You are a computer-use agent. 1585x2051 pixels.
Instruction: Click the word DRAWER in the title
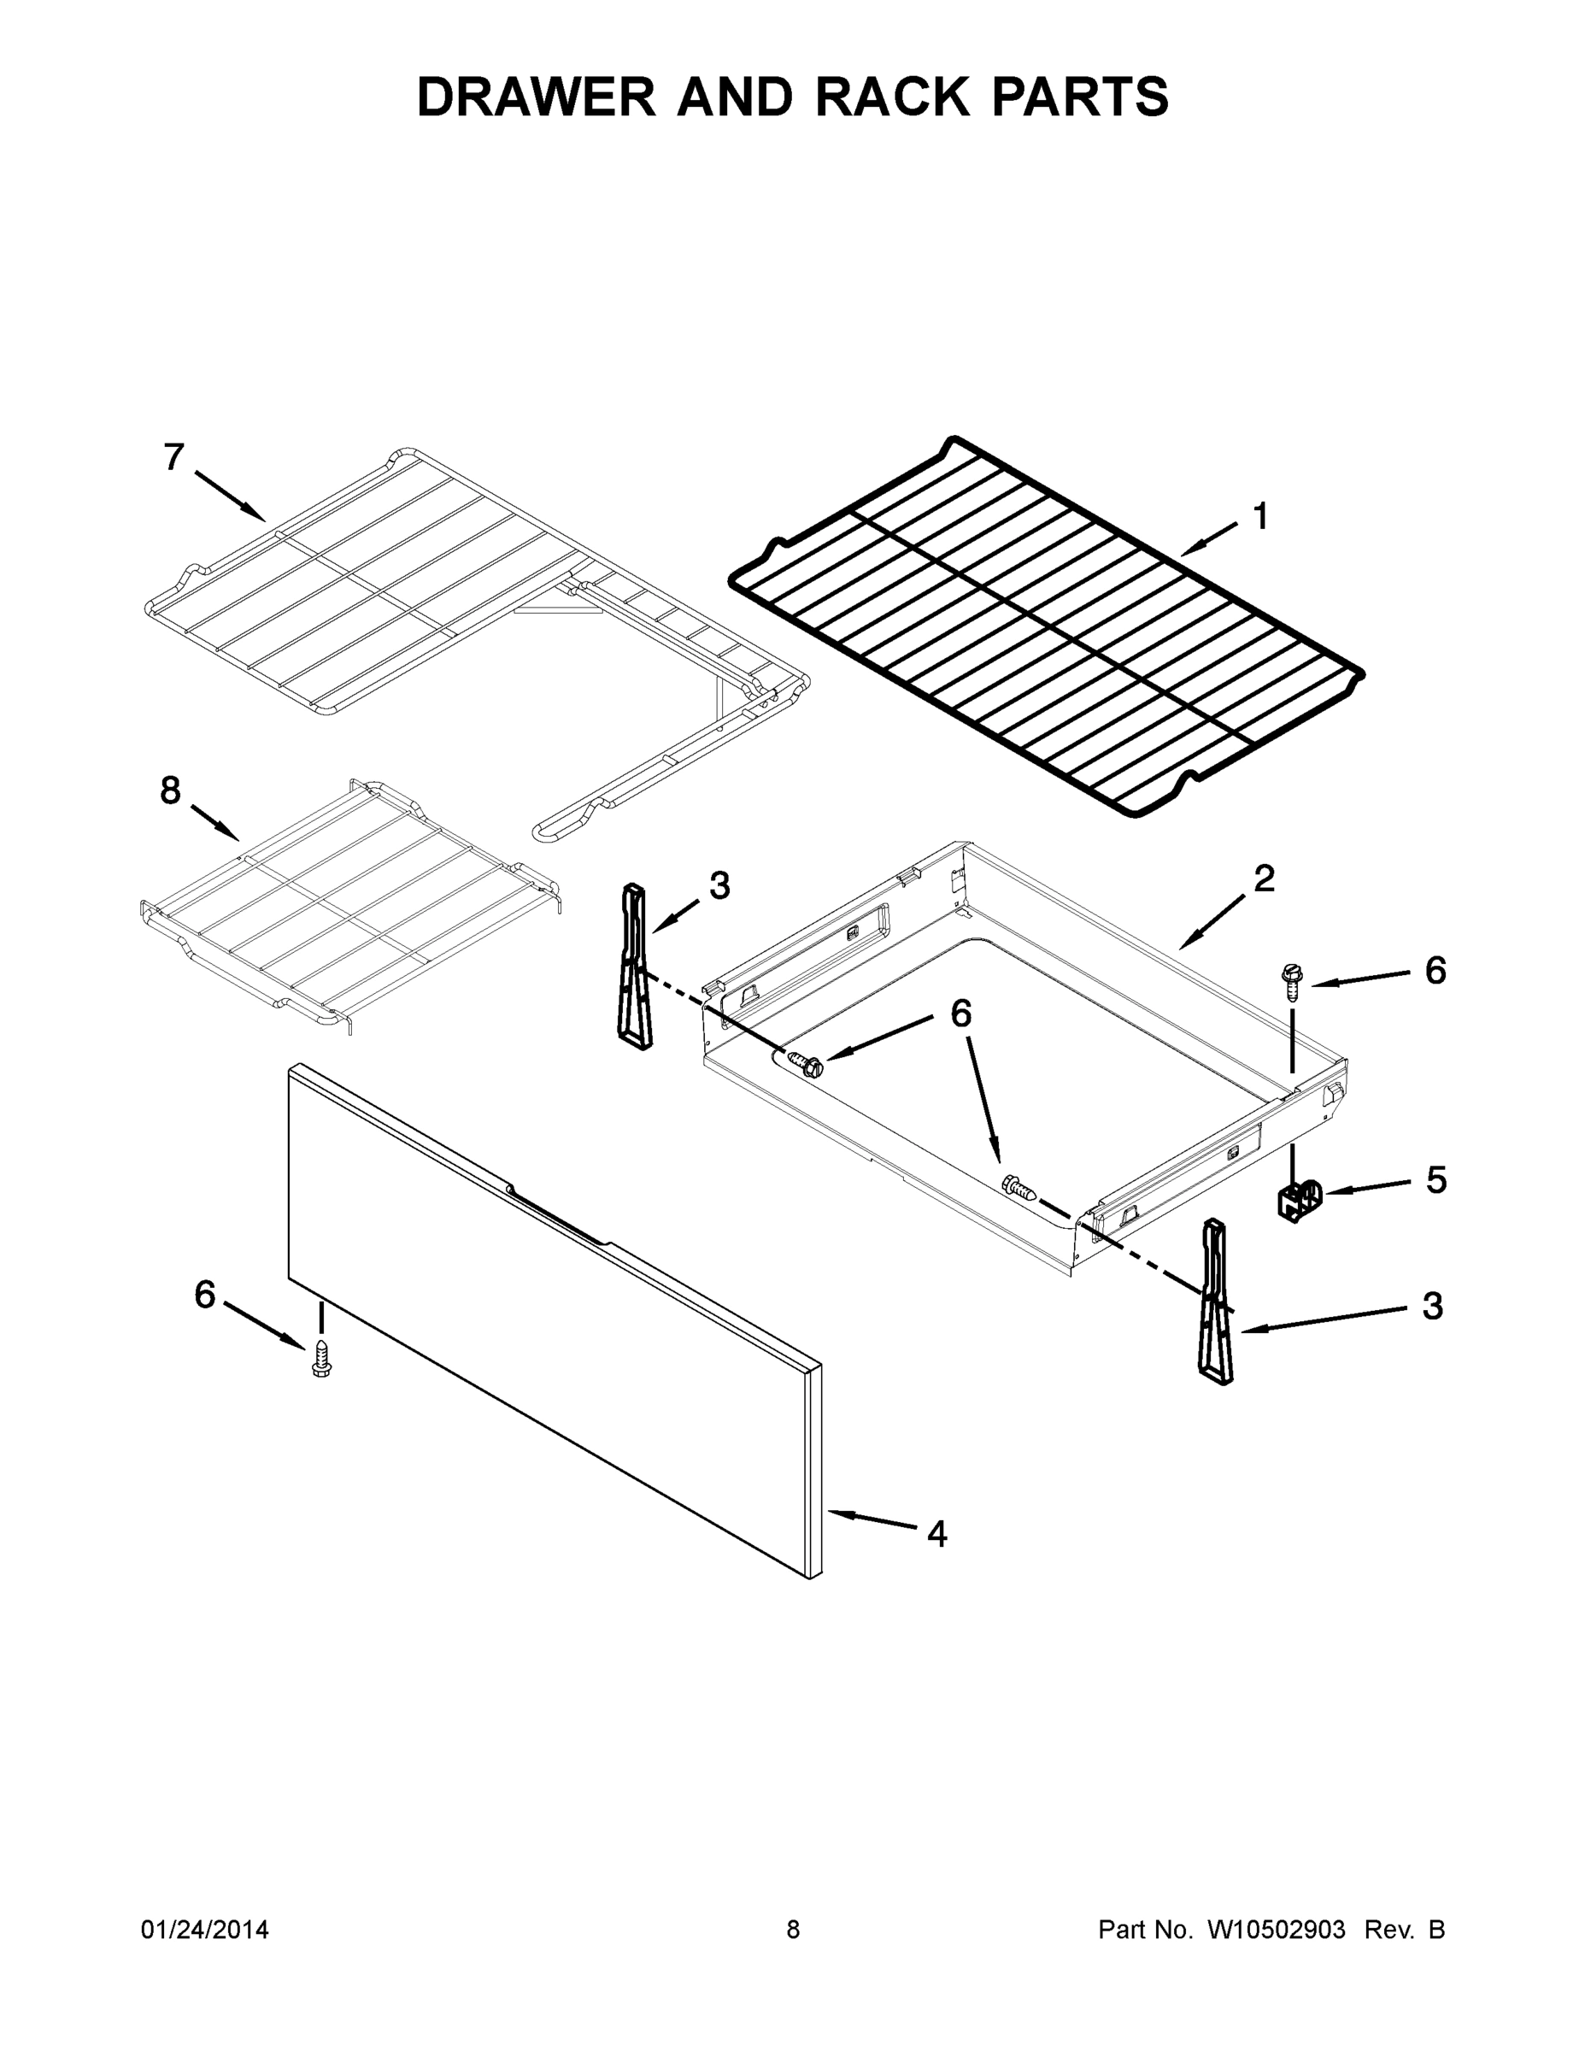point(536,97)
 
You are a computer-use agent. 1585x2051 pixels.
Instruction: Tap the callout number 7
point(173,457)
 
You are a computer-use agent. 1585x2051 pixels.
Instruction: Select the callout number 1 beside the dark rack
point(1260,515)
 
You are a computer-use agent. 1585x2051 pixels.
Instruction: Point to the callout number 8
point(170,790)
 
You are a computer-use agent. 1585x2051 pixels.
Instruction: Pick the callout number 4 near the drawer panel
point(936,1534)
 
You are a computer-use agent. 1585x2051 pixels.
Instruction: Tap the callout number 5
point(1435,1179)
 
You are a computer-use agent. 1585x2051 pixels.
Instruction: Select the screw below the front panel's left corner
point(320,1360)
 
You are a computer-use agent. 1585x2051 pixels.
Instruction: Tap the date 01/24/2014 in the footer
point(205,1929)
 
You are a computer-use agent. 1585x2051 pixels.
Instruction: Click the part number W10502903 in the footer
point(1275,1929)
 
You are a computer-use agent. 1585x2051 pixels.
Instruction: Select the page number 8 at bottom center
point(793,1929)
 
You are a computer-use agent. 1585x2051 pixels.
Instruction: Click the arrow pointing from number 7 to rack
point(230,495)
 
